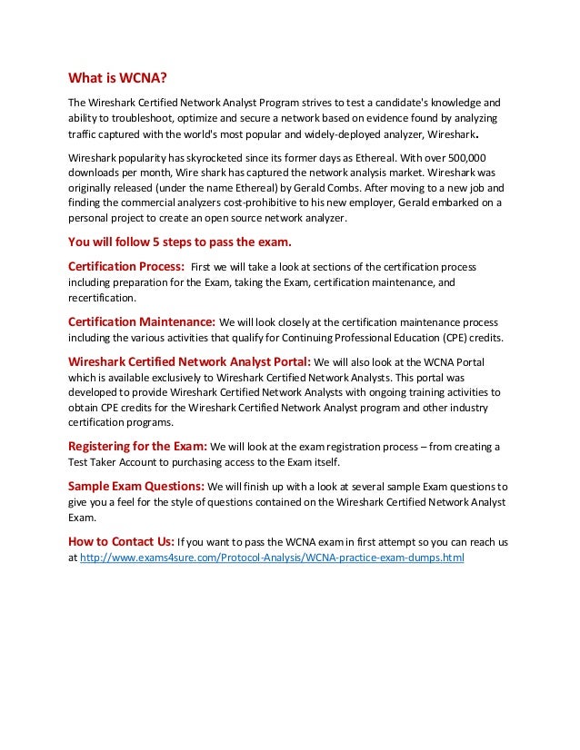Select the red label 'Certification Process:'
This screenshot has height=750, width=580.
pyautogui.click(x=126, y=266)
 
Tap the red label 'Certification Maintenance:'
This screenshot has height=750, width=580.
pyautogui.click(x=142, y=322)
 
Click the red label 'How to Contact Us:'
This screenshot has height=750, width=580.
pyautogui.click(x=122, y=542)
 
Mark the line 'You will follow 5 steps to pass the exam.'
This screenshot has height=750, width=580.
pyautogui.click(x=182, y=242)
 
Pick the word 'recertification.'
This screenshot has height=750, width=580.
pyautogui.click(x=104, y=298)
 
